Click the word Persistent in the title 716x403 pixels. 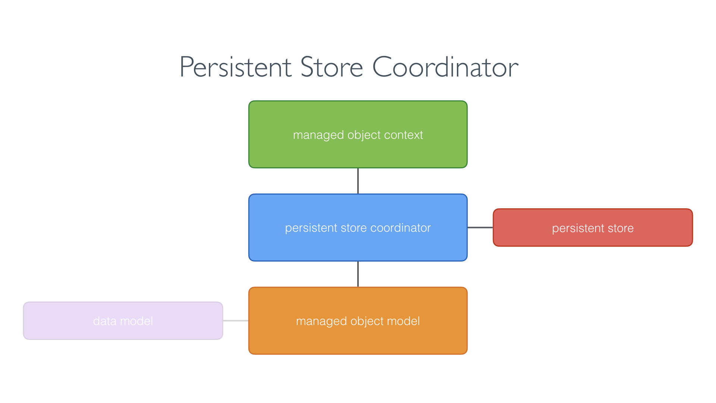[235, 67]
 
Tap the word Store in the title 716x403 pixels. [331, 67]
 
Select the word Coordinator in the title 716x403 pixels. [445, 67]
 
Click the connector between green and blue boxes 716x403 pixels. [358, 181]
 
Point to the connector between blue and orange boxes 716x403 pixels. [358, 274]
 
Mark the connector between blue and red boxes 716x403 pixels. [480, 227]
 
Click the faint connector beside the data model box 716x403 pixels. [236, 321]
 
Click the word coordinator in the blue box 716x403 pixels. [401, 228]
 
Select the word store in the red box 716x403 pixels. [621, 228]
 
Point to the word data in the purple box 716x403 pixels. [105, 321]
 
